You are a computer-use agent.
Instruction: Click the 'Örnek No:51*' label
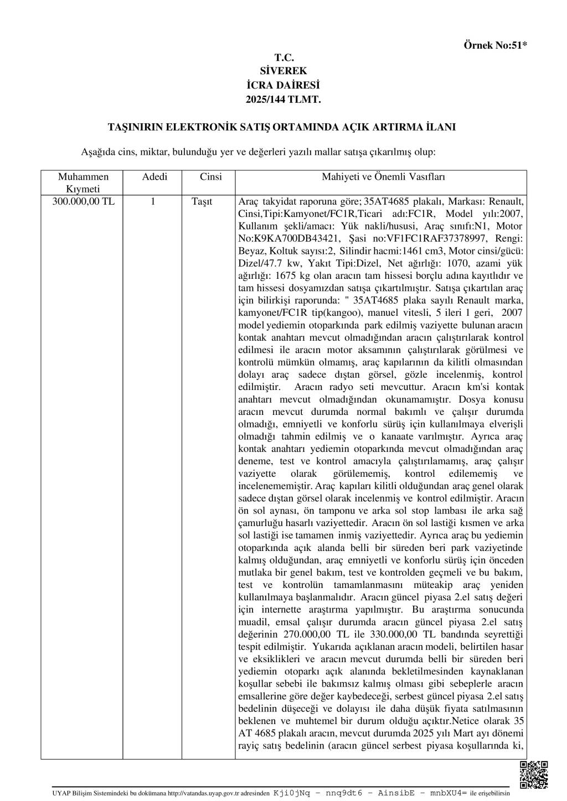pyautogui.click(x=494, y=45)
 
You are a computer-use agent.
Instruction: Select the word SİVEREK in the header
pyautogui.click(x=283, y=71)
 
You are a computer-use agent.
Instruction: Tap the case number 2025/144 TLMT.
pyautogui.click(x=283, y=100)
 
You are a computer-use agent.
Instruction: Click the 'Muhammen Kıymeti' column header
pyautogui.click(x=83, y=183)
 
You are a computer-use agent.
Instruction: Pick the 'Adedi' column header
pyautogui.click(x=154, y=177)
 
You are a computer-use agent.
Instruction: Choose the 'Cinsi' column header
pyautogui.click(x=210, y=177)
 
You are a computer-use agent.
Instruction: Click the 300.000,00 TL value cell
pyautogui.click(x=83, y=201)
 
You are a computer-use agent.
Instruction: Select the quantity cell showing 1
pyautogui.click(x=153, y=201)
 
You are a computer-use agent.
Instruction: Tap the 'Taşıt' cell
pyautogui.click(x=202, y=201)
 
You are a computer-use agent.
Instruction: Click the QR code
pyautogui.click(x=534, y=774)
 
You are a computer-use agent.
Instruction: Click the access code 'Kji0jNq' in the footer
pyautogui.click(x=291, y=792)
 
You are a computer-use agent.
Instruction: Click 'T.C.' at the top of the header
pyautogui.click(x=283, y=58)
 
